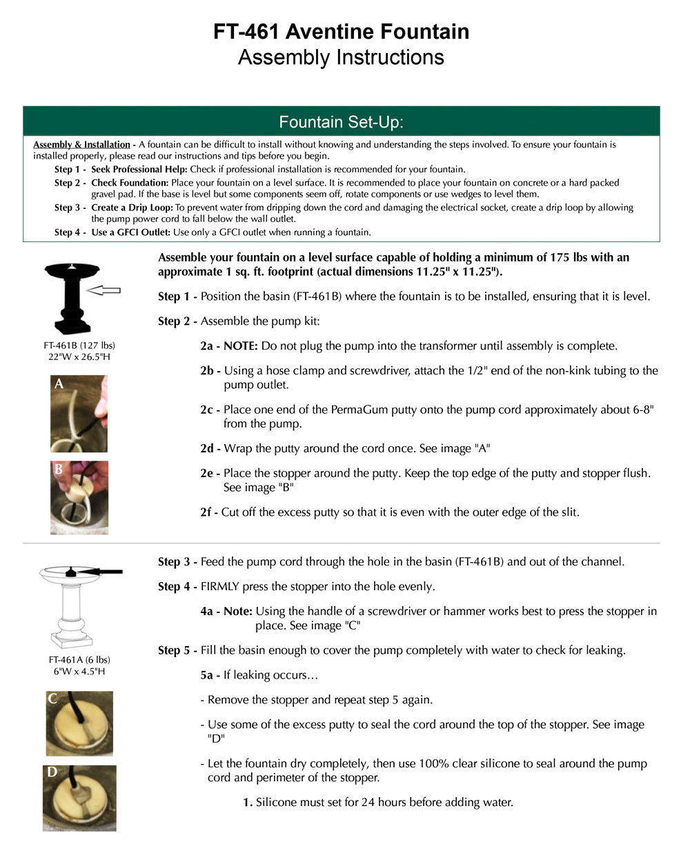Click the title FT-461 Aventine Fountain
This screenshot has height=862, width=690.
[x=341, y=32]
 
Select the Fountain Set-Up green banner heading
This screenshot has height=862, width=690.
[x=341, y=122]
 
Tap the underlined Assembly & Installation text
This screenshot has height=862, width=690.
[x=81, y=145]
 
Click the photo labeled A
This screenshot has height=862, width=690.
[x=79, y=414]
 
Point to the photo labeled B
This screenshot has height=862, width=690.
[x=79, y=497]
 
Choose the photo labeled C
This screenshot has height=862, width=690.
[x=79, y=723]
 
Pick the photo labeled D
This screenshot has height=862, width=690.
[x=79, y=798]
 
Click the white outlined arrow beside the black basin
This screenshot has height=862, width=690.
[x=104, y=290]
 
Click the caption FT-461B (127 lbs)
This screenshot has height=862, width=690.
[x=79, y=345]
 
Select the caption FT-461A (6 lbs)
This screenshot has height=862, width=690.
[x=79, y=660]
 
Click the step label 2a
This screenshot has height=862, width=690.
[x=209, y=346]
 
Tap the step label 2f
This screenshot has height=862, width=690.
[x=208, y=512]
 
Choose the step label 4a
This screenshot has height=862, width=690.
[x=209, y=612]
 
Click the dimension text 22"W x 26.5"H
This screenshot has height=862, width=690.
[x=79, y=357]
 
